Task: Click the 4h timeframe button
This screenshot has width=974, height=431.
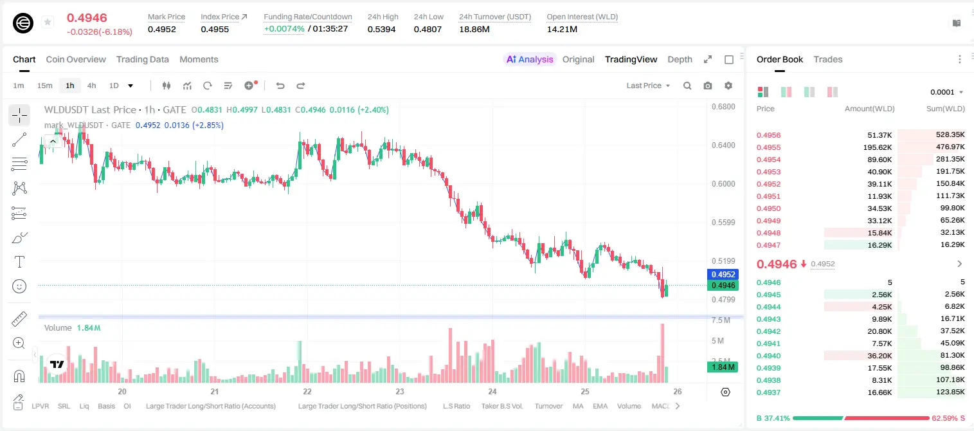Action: click(x=91, y=86)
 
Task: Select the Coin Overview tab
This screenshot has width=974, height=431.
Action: click(x=76, y=59)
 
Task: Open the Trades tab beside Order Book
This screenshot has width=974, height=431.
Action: click(x=828, y=59)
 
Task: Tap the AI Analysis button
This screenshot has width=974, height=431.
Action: click(x=530, y=59)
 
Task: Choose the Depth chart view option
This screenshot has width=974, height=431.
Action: click(x=680, y=59)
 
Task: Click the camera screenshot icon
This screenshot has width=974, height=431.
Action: click(x=708, y=86)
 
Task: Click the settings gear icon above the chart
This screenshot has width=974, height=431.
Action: click(x=728, y=86)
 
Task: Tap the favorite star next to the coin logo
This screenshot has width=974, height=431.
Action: click(x=48, y=22)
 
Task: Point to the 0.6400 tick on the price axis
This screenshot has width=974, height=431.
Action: click(x=723, y=145)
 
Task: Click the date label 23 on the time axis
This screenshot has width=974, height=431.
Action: click(x=400, y=391)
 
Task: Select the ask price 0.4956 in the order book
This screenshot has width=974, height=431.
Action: click(x=768, y=135)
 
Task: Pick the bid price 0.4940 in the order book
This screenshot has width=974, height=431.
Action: click(x=768, y=356)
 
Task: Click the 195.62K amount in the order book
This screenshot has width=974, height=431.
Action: click(x=878, y=147)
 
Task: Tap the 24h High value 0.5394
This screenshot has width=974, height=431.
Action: click(x=381, y=29)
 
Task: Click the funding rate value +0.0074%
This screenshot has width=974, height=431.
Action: click(x=284, y=29)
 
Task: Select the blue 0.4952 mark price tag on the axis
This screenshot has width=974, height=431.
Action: click(x=723, y=275)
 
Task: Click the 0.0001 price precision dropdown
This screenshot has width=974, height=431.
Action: click(x=946, y=92)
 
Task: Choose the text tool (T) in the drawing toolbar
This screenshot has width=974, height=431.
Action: click(x=19, y=262)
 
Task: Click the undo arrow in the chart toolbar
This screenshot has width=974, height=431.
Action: click(x=280, y=86)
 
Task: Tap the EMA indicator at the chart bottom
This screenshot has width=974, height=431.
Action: click(x=600, y=406)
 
